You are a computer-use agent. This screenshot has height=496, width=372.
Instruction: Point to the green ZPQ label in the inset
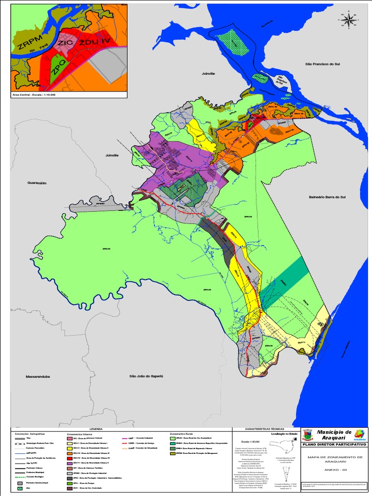coord(57,71)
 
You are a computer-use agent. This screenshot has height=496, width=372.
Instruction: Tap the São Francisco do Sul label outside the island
coord(322,64)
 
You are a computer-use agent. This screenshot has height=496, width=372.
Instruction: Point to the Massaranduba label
coord(38,376)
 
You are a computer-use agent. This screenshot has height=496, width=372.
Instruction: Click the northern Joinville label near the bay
coord(208,73)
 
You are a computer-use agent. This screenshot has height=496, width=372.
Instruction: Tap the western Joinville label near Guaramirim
coord(112,155)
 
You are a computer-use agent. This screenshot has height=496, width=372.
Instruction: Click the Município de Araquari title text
coord(334,434)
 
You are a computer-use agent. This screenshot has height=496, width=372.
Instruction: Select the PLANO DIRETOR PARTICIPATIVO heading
coord(334,444)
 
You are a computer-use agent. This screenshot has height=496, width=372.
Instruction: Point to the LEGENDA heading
coord(96,429)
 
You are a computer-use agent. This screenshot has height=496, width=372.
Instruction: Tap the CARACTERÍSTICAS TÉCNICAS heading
coord(266,429)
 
